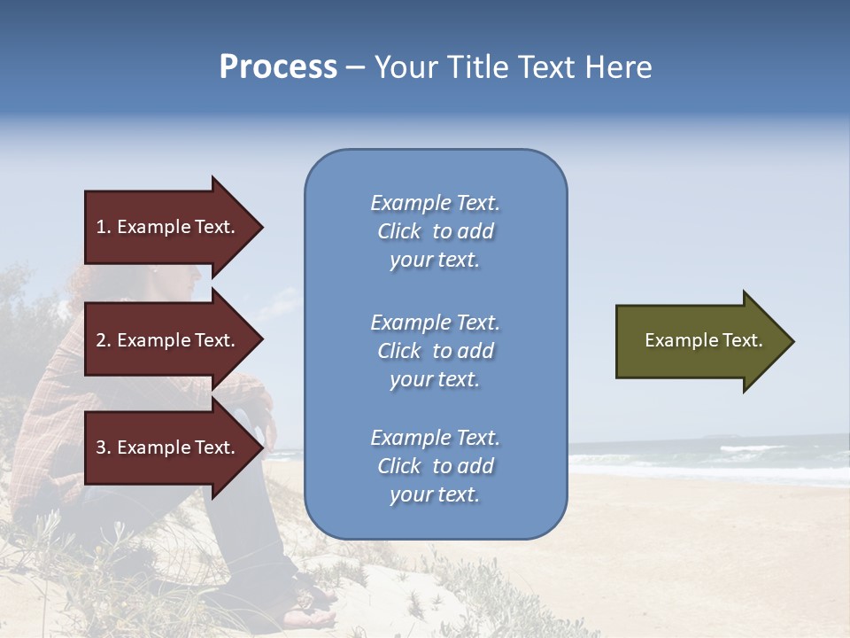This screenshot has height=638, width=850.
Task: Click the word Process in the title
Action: tap(278, 67)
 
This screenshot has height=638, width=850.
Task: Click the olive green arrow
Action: tap(699, 340)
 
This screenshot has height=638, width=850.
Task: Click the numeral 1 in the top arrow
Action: tap(101, 227)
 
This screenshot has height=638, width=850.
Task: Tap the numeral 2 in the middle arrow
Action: tap(101, 340)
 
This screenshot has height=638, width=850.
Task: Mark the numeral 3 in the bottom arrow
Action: tap(101, 447)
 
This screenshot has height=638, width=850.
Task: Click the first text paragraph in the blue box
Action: tap(435, 231)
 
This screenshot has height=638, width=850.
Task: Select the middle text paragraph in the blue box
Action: tap(435, 351)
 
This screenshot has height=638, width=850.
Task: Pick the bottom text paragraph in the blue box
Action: tap(435, 466)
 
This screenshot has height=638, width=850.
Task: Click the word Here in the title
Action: tap(621, 67)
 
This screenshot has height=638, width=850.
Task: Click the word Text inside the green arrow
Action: tap(743, 340)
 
